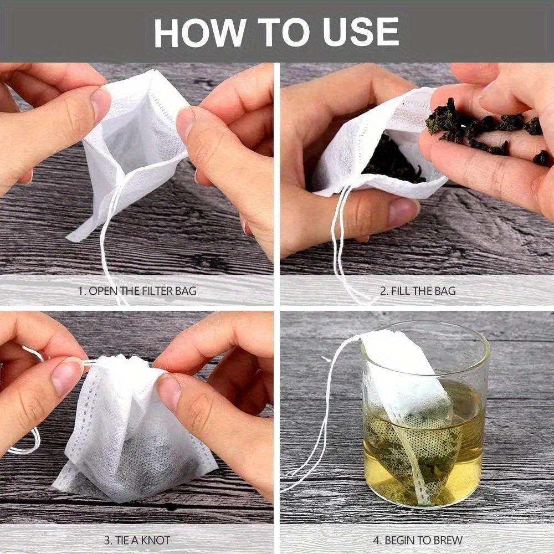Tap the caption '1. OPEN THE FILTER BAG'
pos(136,290)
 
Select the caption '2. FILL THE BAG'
pos(417,290)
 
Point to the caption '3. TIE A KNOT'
pos(136,540)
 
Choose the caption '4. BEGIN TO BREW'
pos(417,540)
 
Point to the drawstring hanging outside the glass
pos(316,432)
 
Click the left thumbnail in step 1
pos(101,102)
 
